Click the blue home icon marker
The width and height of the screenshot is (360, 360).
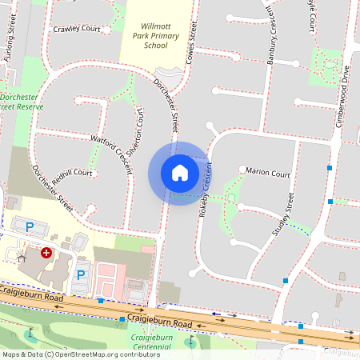pyautogui.click(x=179, y=172)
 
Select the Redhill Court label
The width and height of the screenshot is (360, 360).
pyautogui.click(x=73, y=174)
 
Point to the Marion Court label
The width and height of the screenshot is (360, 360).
pyautogui.click(x=268, y=172)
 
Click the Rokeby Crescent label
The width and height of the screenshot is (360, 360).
pyautogui.click(x=206, y=189)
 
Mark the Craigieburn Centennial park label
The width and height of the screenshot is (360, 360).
pyautogui.click(x=151, y=342)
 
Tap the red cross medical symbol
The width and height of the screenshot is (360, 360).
pyautogui.click(x=46, y=252)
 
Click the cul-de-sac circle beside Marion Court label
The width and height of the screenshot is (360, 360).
pyautogui.click(x=243, y=168)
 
